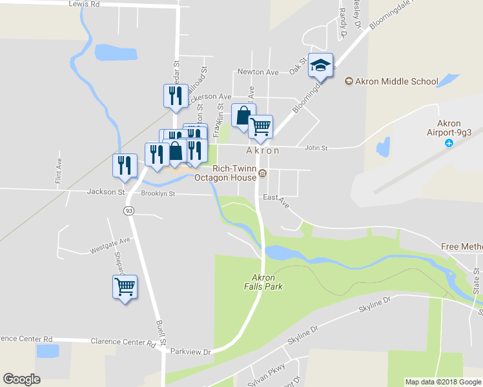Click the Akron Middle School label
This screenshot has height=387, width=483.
pos(391,81)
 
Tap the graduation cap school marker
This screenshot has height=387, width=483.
pos(321,64)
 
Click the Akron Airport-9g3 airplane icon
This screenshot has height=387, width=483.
pos(449,142)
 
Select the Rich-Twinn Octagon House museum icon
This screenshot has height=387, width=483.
pos(263,173)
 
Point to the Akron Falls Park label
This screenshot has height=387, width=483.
pos(263,282)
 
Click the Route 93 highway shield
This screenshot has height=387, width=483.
pos(129,211)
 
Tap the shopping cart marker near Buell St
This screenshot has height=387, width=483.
pos(125,286)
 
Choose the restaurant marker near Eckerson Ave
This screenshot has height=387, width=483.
pos(175,95)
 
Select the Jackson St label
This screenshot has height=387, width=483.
pos(105,192)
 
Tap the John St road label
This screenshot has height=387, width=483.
pos(316,148)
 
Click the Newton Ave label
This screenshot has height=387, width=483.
pos(258,72)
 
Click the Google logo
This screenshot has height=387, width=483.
pos(21,379)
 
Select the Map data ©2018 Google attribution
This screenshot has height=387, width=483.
pos(442,382)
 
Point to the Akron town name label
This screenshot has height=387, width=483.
pos(262,150)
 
